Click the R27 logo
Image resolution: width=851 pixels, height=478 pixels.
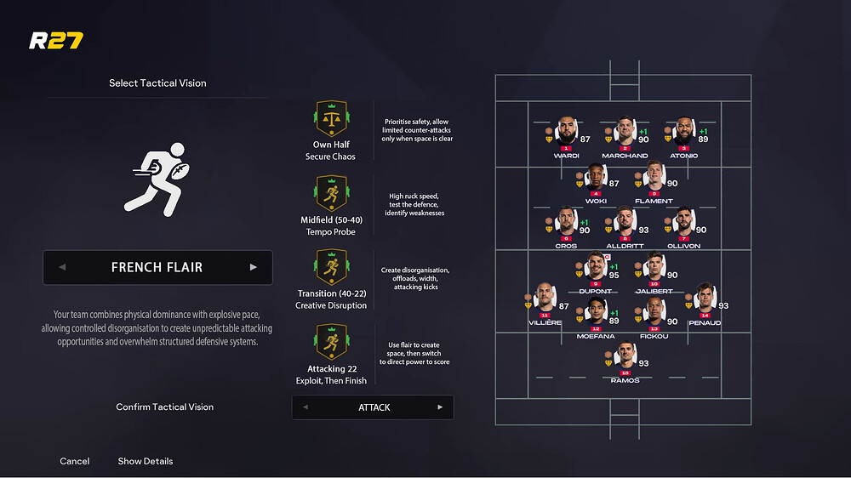coord(55,40)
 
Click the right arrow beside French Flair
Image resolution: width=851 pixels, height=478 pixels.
coord(253,267)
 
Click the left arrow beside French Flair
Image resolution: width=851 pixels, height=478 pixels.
coord(62,267)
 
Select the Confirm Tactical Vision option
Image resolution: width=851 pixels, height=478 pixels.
coord(164,407)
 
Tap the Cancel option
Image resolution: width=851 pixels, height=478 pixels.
coord(75,461)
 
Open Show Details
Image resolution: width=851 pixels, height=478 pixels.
coord(146,461)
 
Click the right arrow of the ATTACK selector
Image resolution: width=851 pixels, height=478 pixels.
coord(440,407)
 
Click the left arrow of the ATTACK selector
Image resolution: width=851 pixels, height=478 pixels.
coord(306,407)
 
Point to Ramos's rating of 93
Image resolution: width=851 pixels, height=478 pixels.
coord(644,364)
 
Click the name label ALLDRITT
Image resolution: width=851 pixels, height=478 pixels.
coord(625,246)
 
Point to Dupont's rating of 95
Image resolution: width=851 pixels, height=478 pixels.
coord(614,275)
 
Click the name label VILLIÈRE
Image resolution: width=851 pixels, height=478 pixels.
coord(545,324)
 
